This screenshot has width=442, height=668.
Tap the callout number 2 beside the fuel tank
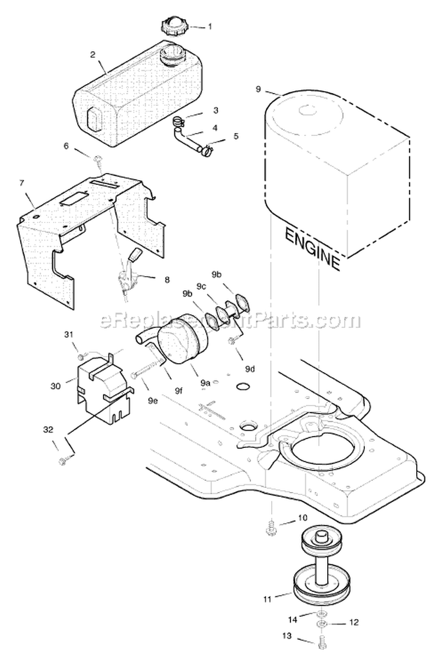[93, 54]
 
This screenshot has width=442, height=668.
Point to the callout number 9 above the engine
[258, 89]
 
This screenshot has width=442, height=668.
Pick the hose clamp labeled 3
[179, 122]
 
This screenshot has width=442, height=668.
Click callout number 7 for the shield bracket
[22, 183]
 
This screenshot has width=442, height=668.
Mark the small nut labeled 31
[81, 355]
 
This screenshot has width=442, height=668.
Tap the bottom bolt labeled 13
[321, 645]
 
